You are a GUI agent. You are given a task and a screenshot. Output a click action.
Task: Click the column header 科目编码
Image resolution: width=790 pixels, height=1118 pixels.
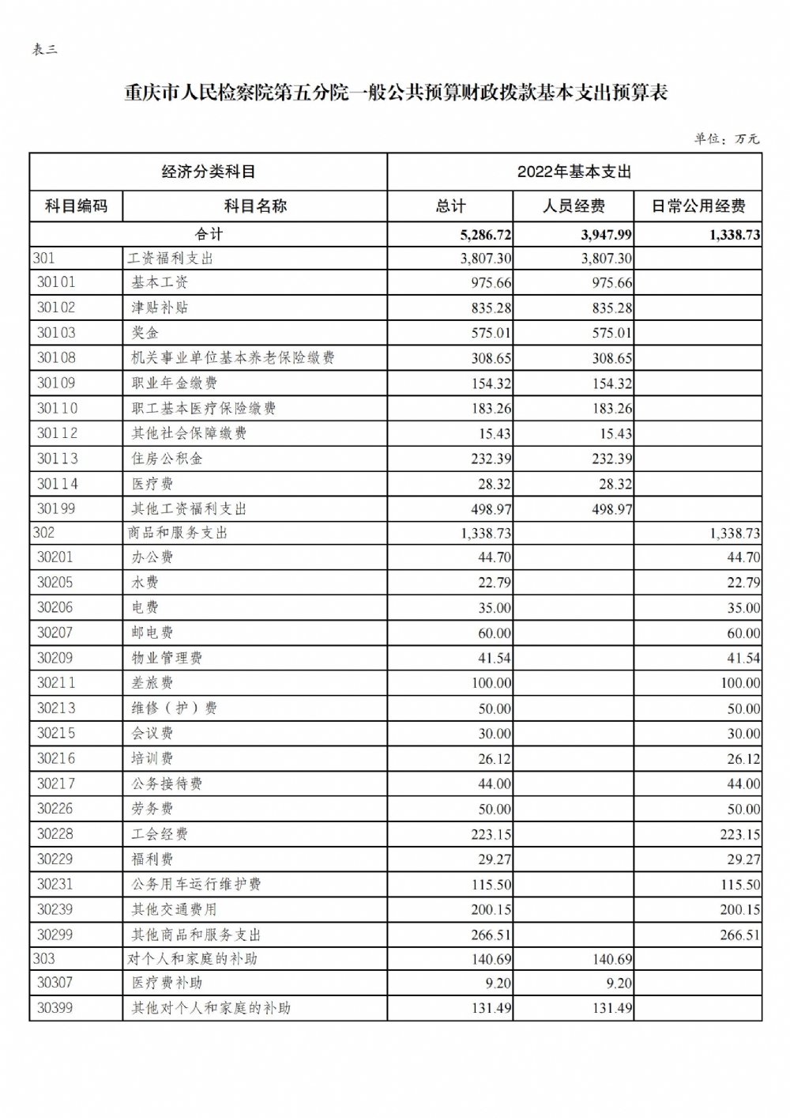coord(76,206)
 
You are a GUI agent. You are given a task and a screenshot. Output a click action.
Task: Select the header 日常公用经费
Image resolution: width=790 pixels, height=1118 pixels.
coord(698,206)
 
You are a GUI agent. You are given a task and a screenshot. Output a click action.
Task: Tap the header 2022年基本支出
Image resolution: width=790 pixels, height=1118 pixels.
coord(574,172)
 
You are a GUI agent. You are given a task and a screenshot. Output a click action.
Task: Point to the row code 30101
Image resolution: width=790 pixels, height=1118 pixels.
coord(56,282)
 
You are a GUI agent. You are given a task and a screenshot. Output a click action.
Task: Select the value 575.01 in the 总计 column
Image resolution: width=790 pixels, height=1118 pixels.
coord(491,333)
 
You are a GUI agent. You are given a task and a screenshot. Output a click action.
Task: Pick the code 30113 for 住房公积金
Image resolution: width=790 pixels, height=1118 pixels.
coord(57,459)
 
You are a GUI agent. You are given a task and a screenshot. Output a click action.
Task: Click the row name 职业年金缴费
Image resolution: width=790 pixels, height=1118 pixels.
coord(174,383)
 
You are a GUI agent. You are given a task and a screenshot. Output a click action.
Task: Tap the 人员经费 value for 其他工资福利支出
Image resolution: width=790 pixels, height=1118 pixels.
coord(611,509)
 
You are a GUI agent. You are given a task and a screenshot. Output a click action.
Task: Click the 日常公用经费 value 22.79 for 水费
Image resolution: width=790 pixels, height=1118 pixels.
coord(743,583)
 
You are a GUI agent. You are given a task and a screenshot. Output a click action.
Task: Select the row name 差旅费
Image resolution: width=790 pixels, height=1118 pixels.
coord(152,683)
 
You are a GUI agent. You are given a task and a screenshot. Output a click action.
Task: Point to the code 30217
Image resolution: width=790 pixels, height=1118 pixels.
coord(56,784)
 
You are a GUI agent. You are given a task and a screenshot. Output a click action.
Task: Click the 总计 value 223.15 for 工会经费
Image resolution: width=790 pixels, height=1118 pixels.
coord(491,834)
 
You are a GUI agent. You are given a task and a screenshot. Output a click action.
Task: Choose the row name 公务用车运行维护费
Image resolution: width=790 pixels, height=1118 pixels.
coord(196,885)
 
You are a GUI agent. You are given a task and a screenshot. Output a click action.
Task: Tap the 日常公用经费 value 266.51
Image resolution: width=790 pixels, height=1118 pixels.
coord(739,935)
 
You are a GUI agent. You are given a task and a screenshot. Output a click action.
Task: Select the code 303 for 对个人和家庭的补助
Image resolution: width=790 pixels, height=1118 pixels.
coord(44,959)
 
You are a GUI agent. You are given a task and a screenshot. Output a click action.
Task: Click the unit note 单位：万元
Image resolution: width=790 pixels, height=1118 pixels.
coord(727,139)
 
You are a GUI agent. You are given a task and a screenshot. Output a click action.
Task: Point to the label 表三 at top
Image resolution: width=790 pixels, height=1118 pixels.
coord(44,50)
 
